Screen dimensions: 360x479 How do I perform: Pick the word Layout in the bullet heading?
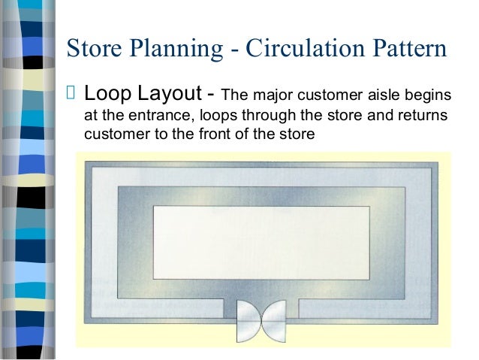pyautogui.click(x=167, y=96)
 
